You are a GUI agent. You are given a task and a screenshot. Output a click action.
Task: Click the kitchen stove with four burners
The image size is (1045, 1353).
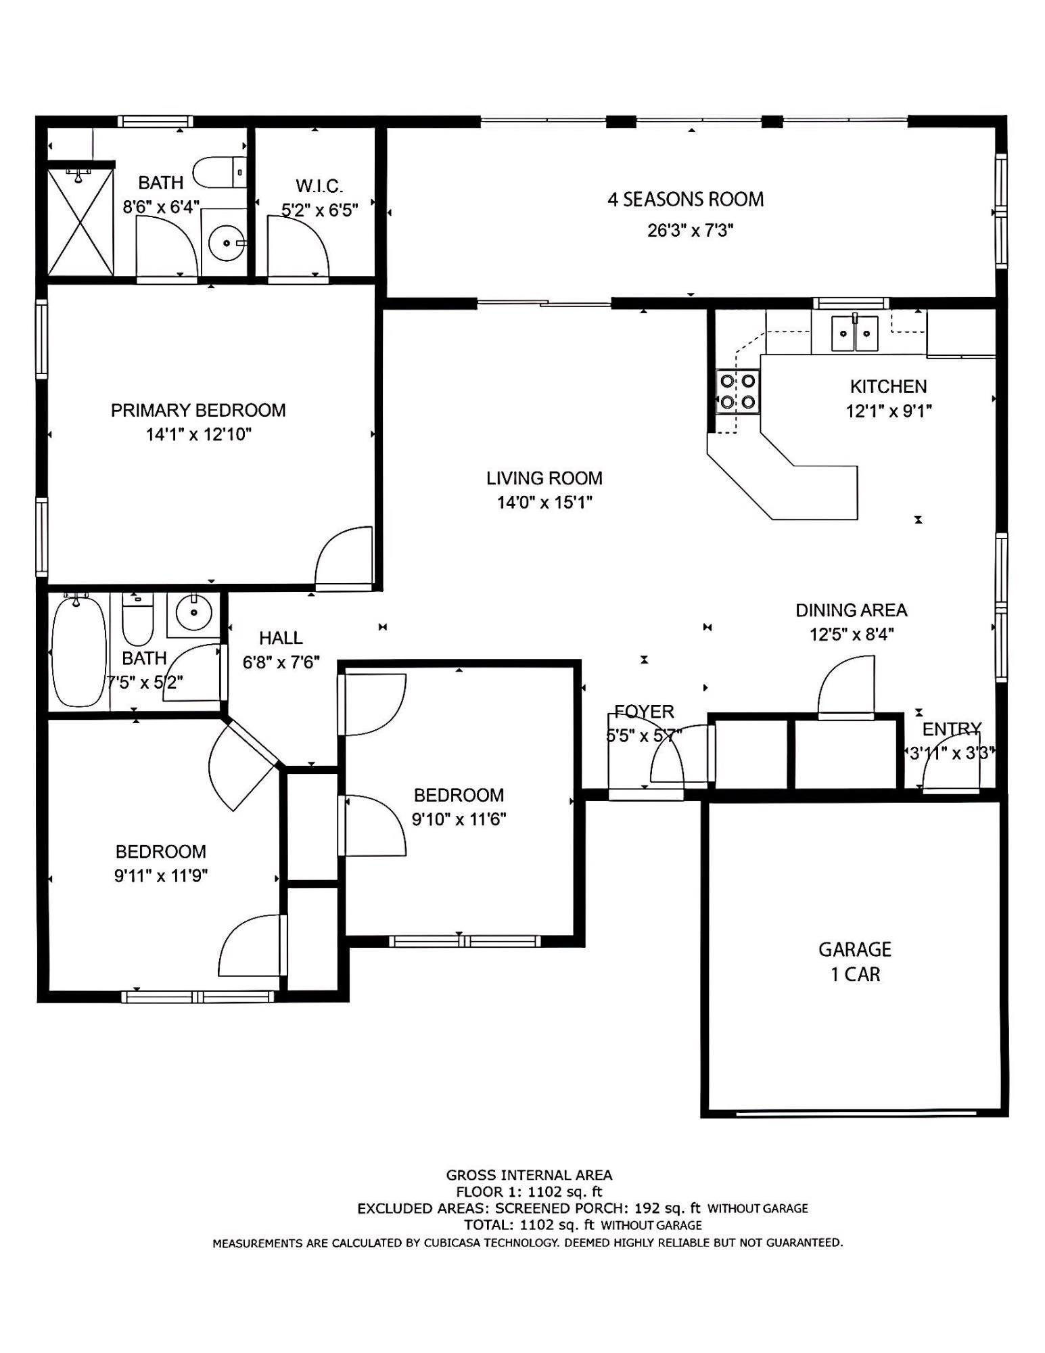(737, 392)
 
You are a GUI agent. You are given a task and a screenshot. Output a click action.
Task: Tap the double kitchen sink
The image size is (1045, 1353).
(855, 333)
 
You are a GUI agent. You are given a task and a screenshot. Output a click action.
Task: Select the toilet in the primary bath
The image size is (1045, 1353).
(220, 172)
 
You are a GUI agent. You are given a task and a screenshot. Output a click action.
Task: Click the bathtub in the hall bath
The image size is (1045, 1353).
(79, 651)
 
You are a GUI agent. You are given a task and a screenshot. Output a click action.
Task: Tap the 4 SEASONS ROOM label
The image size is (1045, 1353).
(686, 200)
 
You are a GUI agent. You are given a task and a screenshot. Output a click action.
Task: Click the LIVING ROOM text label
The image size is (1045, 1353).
(544, 478)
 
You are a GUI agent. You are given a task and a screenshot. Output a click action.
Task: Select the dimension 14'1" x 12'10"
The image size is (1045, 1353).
(199, 434)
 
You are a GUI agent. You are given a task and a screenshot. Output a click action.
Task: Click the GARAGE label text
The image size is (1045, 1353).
(855, 949)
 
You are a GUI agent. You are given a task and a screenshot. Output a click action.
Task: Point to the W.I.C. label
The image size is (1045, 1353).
(319, 185)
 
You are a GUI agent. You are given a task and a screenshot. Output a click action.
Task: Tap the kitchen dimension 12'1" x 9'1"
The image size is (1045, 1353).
(889, 411)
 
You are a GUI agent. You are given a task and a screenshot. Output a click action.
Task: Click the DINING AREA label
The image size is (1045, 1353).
(851, 610)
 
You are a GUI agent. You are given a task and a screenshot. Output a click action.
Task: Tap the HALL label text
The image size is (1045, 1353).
(281, 638)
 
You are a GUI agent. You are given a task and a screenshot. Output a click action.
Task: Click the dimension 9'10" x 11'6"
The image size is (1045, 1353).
(459, 819)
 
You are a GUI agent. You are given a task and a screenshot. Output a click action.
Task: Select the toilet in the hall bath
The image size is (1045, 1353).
(138, 618)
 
